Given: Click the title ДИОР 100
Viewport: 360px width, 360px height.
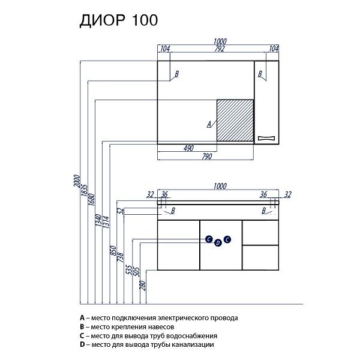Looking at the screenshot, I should (x=119, y=21).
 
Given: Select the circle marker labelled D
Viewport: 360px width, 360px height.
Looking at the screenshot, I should (x=218, y=242).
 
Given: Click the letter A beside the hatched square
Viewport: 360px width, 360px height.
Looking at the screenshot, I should (x=208, y=124).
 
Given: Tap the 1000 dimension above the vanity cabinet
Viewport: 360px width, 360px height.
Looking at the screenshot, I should (x=219, y=187).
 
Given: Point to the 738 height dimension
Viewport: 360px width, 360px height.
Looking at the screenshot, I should (x=120, y=256).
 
